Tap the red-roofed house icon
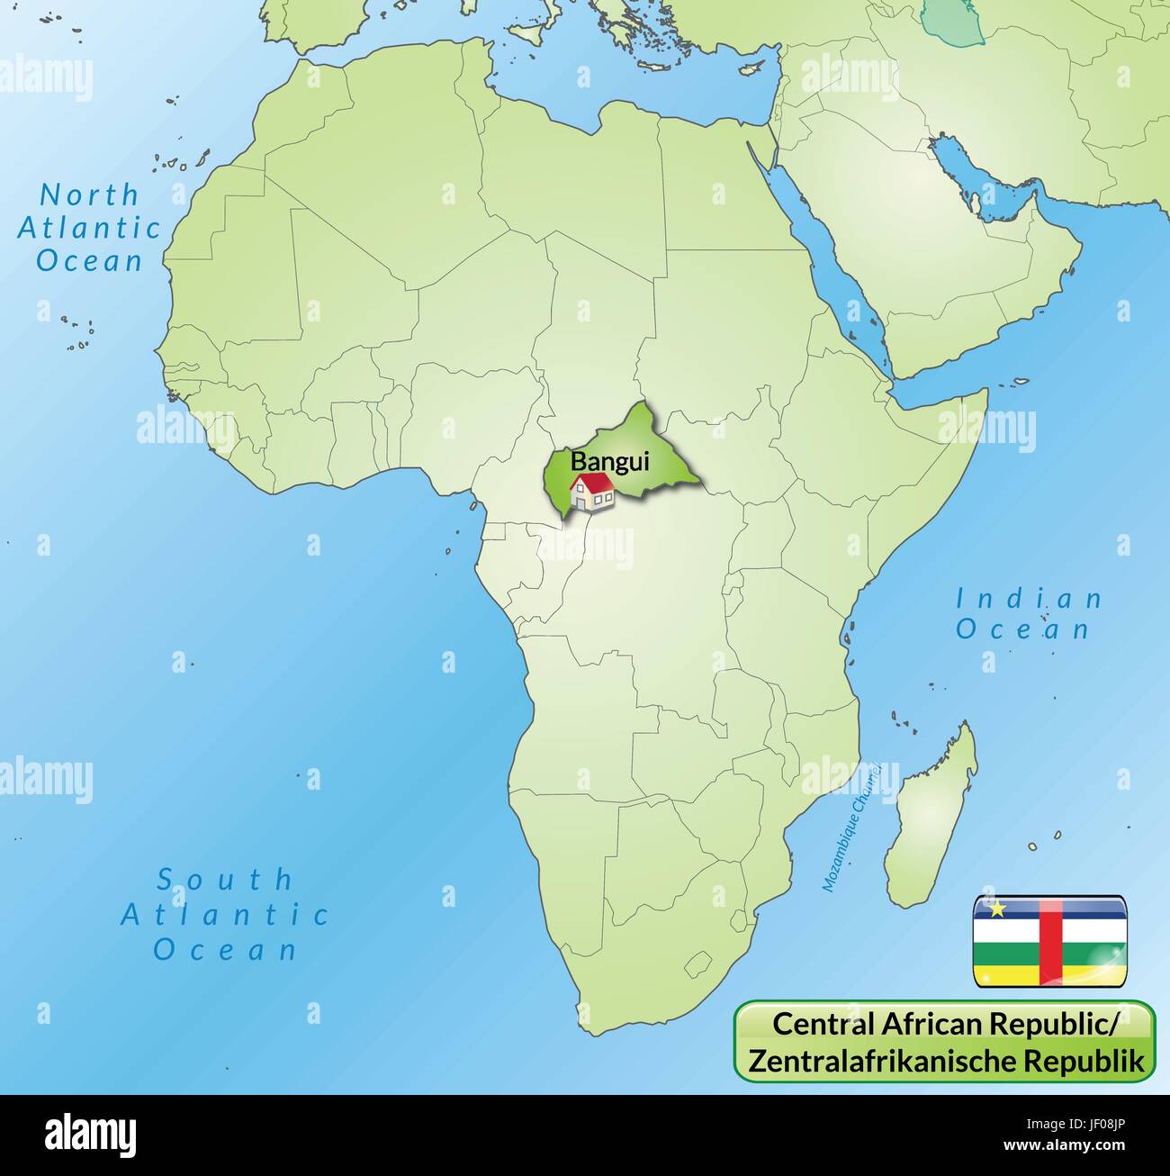point(591,492)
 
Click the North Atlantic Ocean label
point(89,227)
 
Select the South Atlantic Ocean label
point(225,914)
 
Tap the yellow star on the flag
point(996,909)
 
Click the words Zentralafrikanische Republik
point(946,1060)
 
